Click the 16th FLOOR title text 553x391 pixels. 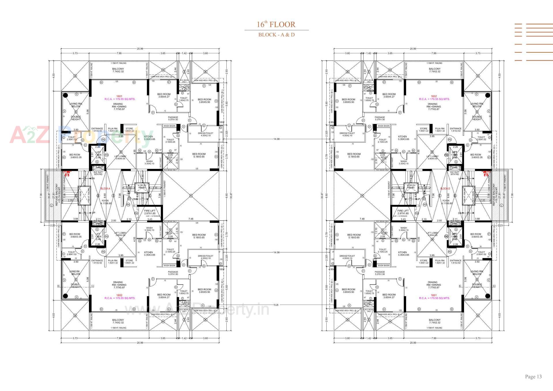(276, 24)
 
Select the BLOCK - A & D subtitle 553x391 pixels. (276, 35)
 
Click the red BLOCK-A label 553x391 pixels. (105, 189)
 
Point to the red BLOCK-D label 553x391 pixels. (445, 189)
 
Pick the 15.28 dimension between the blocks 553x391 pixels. (276, 305)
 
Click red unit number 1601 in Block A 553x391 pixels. (119, 96)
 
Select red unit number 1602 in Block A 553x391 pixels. (119, 295)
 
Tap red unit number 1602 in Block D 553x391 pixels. (434, 96)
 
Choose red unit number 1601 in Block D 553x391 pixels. (434, 295)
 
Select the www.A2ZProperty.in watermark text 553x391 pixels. (197, 310)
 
